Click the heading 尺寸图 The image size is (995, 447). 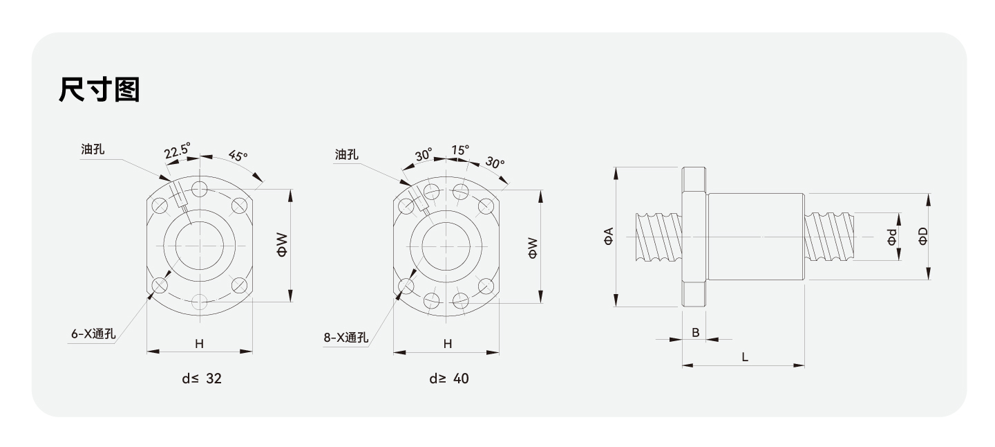coord(99,90)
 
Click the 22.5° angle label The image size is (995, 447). coord(178,152)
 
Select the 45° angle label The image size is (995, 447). coord(237,156)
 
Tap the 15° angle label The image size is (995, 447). coord(460,149)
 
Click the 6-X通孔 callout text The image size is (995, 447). coord(93,334)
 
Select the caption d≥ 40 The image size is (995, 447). coord(448,379)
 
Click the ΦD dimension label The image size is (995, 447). coord(923,236)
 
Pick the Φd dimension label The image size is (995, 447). coord(893,237)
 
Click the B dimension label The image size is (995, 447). coord(695,332)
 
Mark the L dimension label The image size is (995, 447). coord(744,357)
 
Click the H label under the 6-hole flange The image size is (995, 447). coord(199,343)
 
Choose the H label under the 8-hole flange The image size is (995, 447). coord(447,343)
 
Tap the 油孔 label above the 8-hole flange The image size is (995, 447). coord(346,155)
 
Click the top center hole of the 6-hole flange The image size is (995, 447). coord(200,189)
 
